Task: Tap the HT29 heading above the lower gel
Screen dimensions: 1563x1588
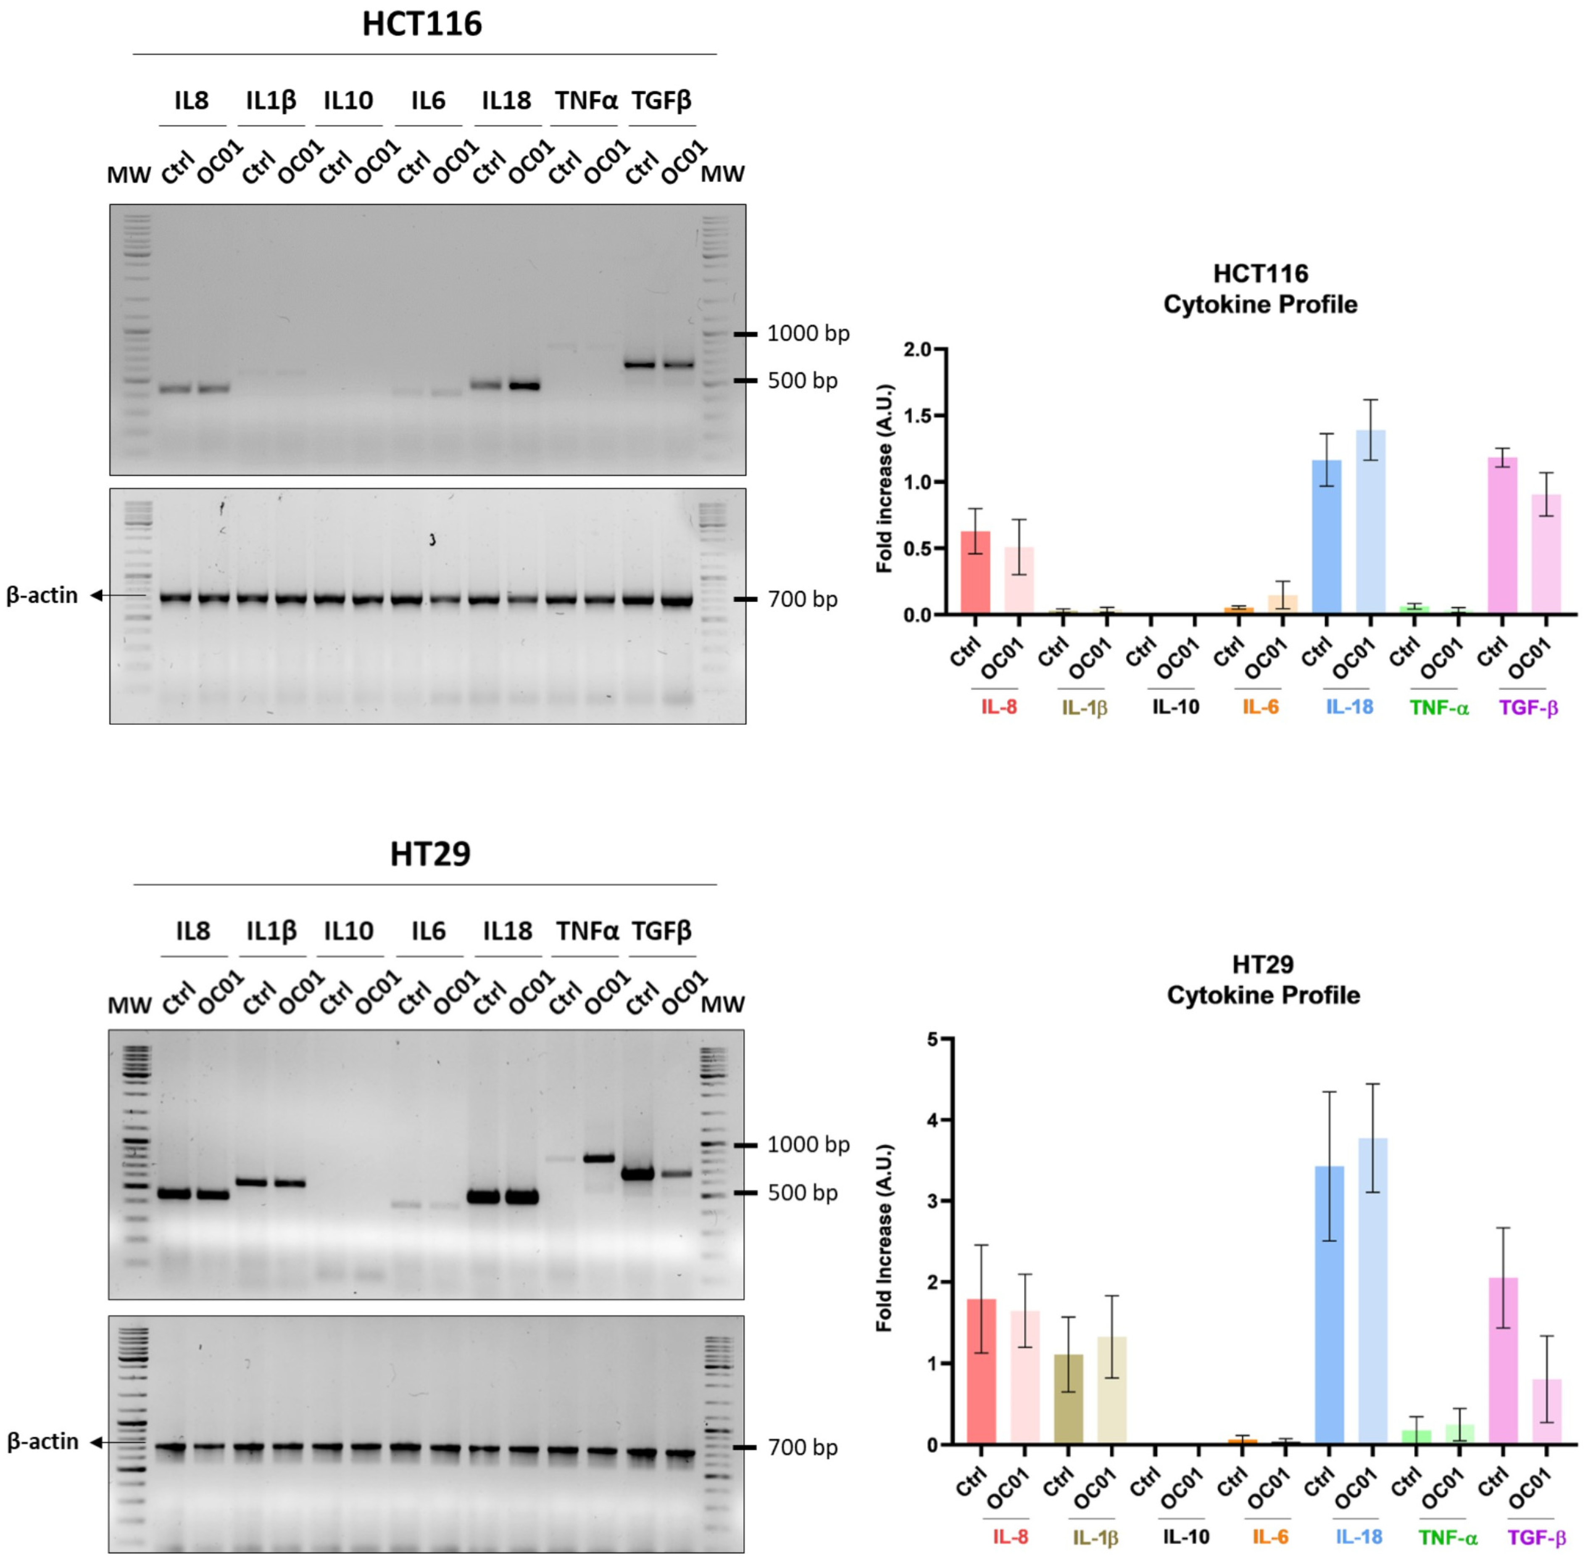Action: coord(430,854)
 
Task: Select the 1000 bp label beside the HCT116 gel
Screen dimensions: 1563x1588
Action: coord(808,333)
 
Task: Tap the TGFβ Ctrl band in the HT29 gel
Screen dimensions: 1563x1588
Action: coord(637,1174)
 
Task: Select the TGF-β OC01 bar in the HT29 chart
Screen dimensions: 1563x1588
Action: coord(1546,1412)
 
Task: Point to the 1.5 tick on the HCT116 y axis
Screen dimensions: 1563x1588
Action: coord(917,416)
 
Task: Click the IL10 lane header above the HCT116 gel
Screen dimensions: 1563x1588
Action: coord(348,101)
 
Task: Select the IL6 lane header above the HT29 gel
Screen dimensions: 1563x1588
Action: coord(428,931)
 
